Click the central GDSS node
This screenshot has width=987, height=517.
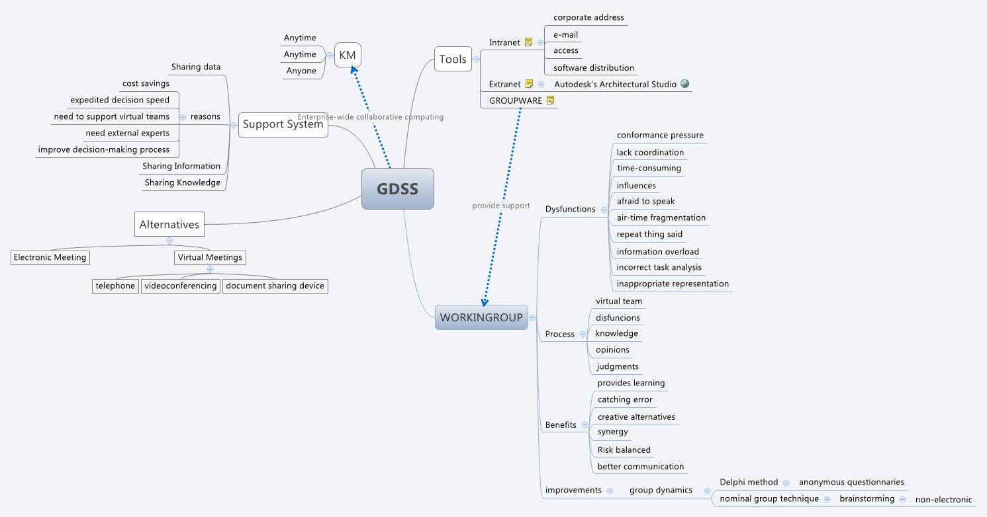(x=397, y=189)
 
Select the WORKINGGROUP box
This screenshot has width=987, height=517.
(x=481, y=317)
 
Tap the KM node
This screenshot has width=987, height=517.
(x=348, y=56)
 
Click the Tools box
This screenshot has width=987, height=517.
(x=453, y=59)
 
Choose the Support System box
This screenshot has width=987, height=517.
(x=283, y=124)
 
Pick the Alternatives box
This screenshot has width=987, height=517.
(x=169, y=224)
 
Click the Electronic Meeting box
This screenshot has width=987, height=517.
(x=50, y=257)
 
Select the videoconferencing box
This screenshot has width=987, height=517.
(x=180, y=286)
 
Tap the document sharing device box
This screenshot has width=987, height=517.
(x=275, y=286)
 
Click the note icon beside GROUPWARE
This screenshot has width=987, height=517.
(x=550, y=100)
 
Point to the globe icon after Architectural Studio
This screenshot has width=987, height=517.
(x=684, y=84)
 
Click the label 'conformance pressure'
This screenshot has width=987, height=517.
(x=660, y=135)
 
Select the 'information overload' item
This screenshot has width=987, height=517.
(x=657, y=251)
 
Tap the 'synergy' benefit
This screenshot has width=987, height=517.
(x=612, y=432)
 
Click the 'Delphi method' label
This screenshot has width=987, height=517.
(x=749, y=482)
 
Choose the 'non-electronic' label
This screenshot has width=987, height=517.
(x=943, y=500)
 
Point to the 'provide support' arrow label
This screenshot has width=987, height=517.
(x=501, y=206)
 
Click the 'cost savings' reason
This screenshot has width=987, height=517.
(x=146, y=83)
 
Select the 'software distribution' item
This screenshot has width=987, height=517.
(x=593, y=67)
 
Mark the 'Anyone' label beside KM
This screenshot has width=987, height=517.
(x=301, y=71)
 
